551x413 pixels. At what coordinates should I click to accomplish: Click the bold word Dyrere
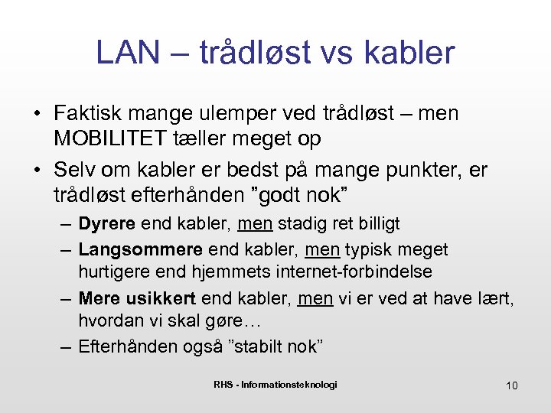click(x=107, y=224)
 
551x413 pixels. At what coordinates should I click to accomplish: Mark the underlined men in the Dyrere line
click(x=255, y=224)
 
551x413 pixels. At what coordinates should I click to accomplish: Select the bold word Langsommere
click(x=141, y=249)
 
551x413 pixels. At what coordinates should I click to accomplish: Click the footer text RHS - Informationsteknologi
click(x=275, y=384)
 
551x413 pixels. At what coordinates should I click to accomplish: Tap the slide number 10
click(x=511, y=385)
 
